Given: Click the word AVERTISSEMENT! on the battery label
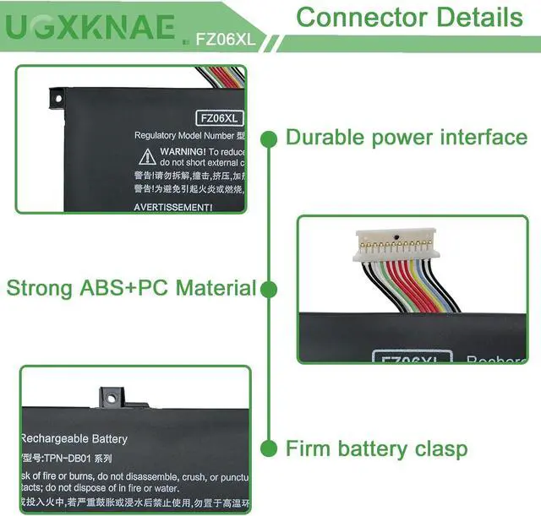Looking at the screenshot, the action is pyautogui.click(x=173, y=207).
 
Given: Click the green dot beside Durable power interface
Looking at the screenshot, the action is pyautogui.click(x=270, y=138).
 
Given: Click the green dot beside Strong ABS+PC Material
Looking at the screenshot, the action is pyautogui.click(x=270, y=289).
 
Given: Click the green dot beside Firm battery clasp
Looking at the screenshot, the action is pyautogui.click(x=270, y=448).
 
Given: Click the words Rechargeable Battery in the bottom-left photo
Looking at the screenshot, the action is pyautogui.click(x=74, y=439).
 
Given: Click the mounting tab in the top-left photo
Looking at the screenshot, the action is pyautogui.click(x=58, y=100).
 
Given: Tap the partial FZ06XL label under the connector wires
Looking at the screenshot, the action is pyautogui.click(x=410, y=358).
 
